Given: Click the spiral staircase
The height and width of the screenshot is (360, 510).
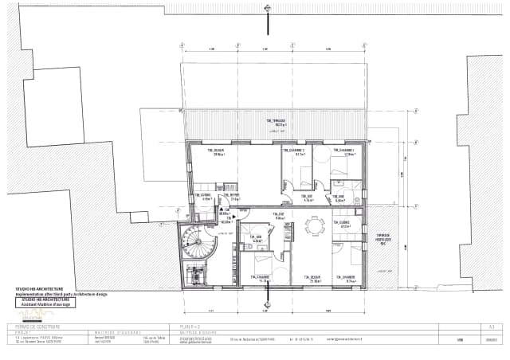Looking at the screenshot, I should [x=194, y=241].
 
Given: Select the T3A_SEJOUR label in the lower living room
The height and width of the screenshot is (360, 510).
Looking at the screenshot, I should [x=313, y=279].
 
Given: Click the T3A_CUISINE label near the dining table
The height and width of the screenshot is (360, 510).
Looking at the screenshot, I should [x=345, y=225].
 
